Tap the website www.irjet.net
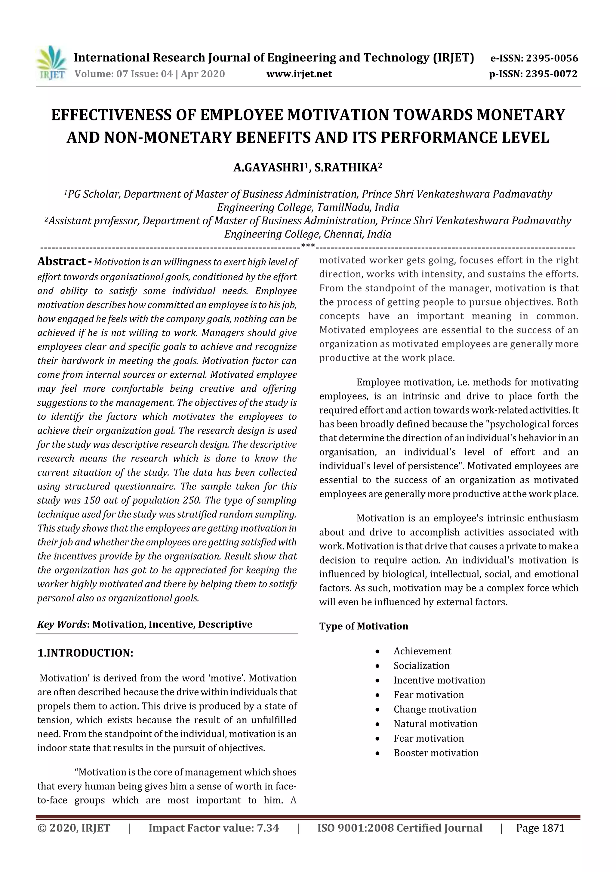299,74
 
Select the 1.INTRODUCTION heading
85,653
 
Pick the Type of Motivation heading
364,626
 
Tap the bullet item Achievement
422,651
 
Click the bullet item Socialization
421,666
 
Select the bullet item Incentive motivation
439,680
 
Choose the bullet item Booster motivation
436,753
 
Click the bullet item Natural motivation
435,724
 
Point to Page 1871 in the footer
540,828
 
